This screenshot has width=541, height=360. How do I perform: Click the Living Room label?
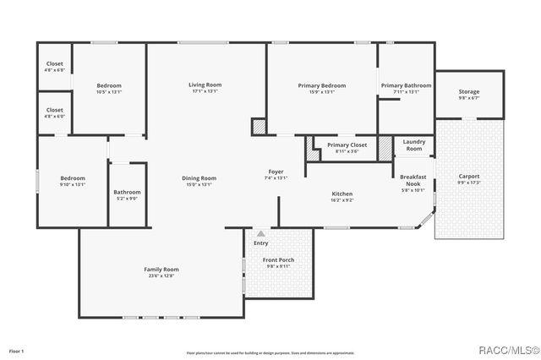coord(205,85)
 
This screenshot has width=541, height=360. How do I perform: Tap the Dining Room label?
coord(199,178)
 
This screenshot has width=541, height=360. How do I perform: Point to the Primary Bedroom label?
coord(322,85)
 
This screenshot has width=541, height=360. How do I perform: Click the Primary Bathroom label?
coord(406,85)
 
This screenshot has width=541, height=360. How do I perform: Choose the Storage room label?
coord(469,91)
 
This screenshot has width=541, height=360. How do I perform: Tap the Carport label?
coord(468,176)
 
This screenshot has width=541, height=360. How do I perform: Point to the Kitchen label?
coord(342,194)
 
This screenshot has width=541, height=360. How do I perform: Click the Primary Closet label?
coord(347,145)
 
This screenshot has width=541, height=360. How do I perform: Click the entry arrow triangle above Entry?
coord(260,233)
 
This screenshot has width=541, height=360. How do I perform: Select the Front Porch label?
coord(278,259)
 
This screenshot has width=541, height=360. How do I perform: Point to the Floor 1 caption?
coord(17,350)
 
